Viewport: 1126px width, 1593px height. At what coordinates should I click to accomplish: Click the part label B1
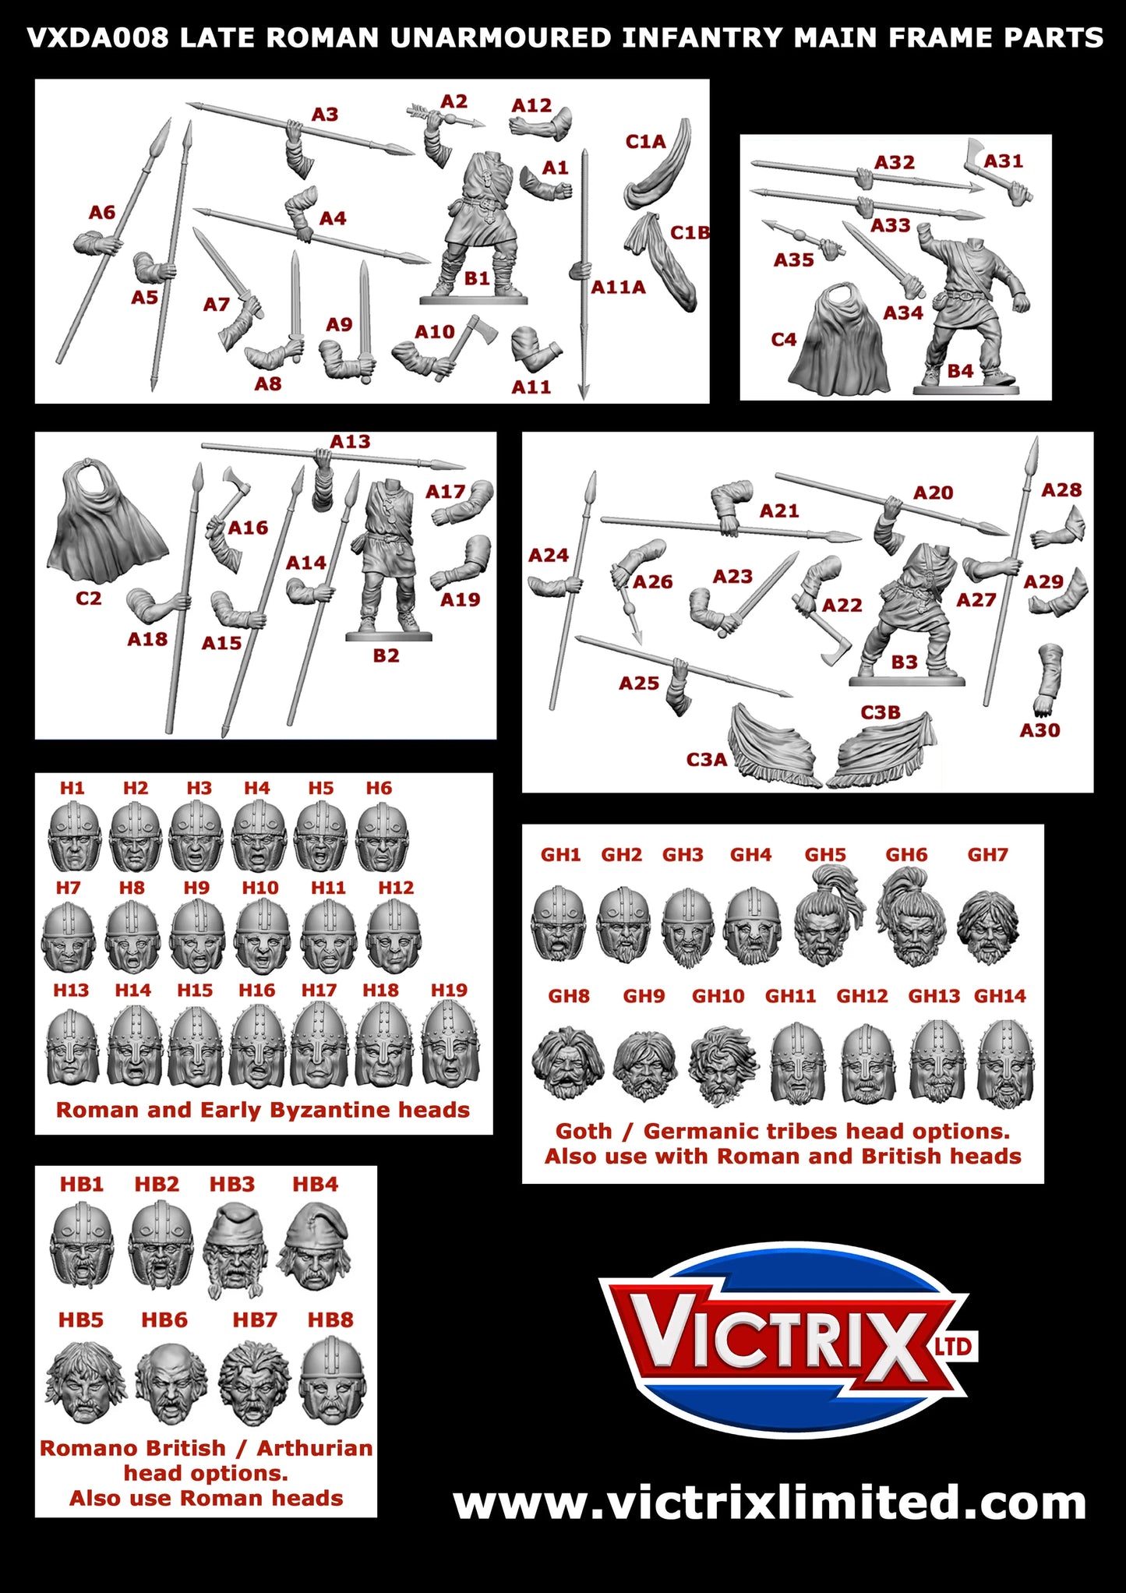pyautogui.click(x=476, y=278)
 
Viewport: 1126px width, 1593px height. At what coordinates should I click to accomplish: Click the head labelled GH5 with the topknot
pyautogui.click(x=827, y=917)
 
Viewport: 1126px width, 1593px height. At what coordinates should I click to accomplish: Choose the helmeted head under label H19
pyautogui.click(x=450, y=1044)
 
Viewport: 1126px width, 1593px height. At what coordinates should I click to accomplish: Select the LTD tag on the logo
pyautogui.click(x=955, y=1346)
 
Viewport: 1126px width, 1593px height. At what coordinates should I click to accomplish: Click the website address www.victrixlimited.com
pyautogui.click(x=769, y=1503)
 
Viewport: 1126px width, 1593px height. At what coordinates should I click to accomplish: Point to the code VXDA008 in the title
pyautogui.click(x=97, y=37)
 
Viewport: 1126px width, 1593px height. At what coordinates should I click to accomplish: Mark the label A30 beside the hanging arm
pyautogui.click(x=1040, y=730)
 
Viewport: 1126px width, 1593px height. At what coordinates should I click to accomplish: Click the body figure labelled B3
pyautogui.click(x=908, y=616)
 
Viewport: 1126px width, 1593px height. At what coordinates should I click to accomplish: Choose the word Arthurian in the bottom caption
pyautogui.click(x=315, y=1448)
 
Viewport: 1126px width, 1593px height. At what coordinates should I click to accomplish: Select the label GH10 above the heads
pyautogui.click(x=718, y=996)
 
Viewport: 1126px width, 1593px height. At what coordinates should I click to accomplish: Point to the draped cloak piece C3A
pyautogui.click(x=771, y=748)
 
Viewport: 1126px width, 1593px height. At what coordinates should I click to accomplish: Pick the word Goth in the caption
pyautogui.click(x=583, y=1131)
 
